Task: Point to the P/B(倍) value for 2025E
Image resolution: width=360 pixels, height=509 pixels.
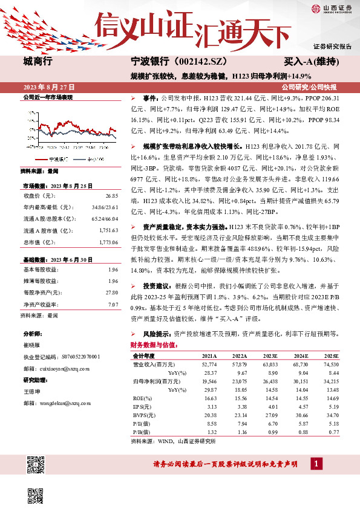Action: click(x=332, y=433)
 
